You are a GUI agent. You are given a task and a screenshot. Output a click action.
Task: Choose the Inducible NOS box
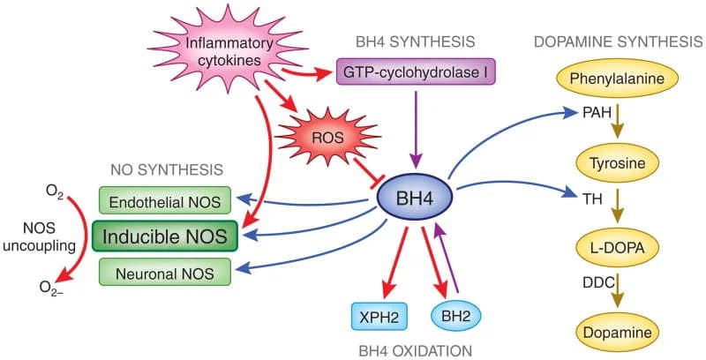pyautogui.click(x=167, y=236)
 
